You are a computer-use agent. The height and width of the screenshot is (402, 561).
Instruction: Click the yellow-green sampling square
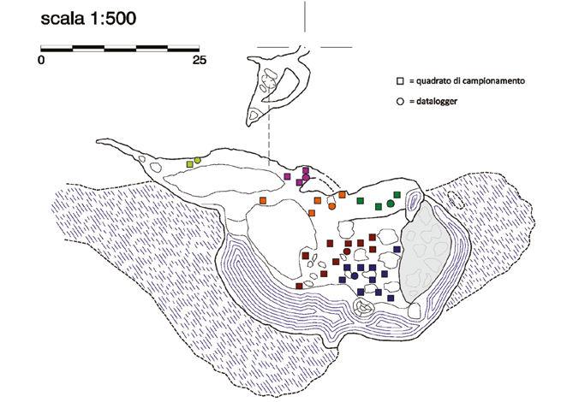pos(189,163)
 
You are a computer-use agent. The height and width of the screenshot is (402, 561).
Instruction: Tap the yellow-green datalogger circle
pos(197,160)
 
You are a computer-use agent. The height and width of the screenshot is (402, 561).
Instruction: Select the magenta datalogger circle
pos(306,177)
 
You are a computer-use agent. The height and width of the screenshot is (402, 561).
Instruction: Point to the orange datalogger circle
pos(331,206)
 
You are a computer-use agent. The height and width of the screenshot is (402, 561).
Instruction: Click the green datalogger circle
pos(391,204)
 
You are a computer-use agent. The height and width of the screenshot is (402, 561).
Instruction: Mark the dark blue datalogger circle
pos(354,275)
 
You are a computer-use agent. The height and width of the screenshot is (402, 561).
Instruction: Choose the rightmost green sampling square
pos(396,194)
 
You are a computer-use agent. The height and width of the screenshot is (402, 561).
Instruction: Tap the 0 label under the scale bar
pos(41,61)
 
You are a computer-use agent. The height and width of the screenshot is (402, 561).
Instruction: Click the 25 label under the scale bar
pos(199,61)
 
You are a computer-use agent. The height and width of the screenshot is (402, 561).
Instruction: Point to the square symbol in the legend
pos(399,80)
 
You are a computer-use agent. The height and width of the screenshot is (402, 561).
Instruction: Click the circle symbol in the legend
pos(399,101)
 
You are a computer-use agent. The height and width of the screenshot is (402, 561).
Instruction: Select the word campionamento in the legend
pos(493,80)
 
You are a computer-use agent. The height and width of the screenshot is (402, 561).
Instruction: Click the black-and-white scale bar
pos(120,47)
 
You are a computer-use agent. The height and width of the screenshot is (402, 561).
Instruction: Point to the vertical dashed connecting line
pos(269,145)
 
